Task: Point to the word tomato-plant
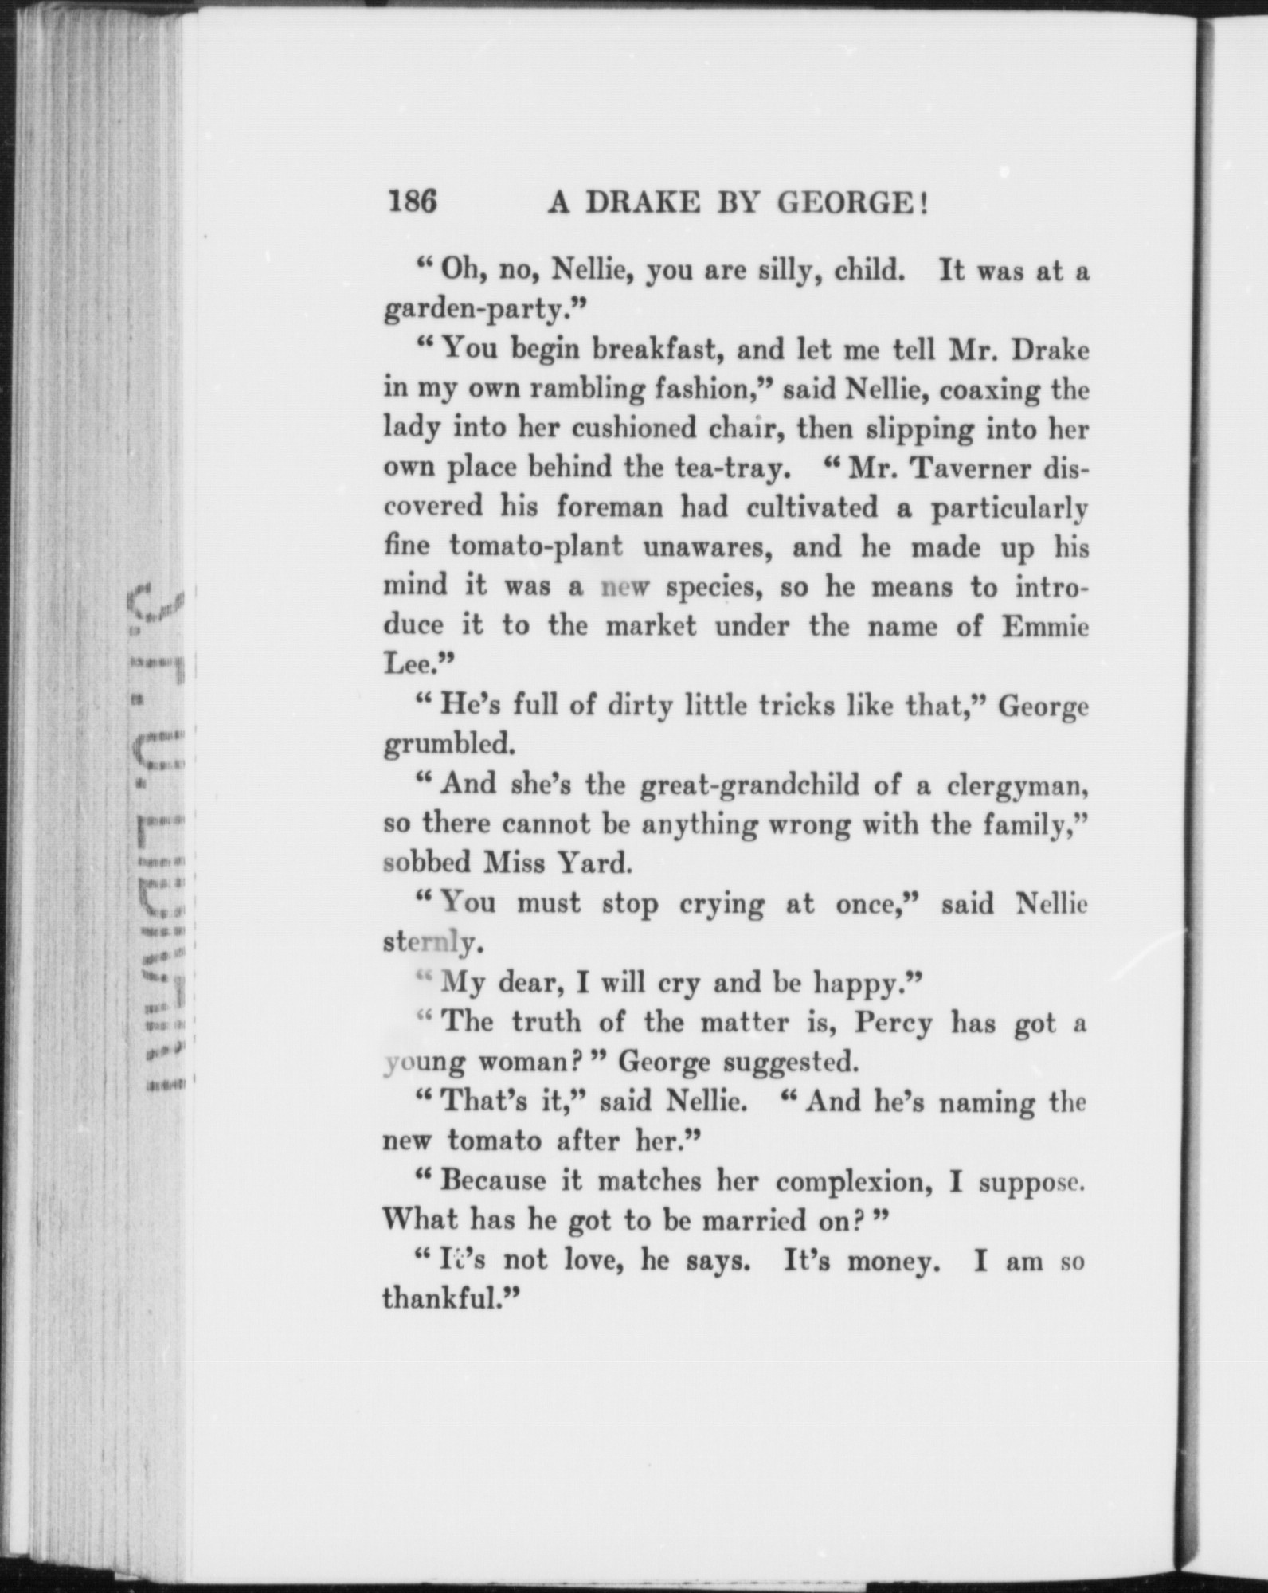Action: [x=535, y=546]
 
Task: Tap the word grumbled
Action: [x=448, y=745]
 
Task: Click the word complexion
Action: [x=854, y=1180]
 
